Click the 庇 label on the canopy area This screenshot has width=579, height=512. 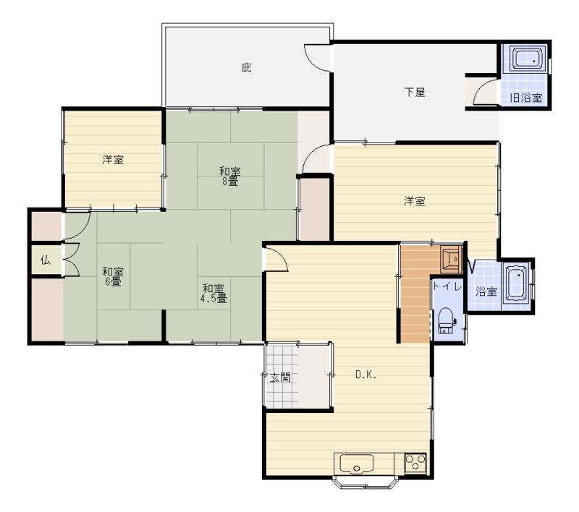(247, 68)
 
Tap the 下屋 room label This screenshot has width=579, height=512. (414, 92)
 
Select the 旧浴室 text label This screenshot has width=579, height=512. (526, 98)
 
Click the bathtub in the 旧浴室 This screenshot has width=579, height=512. (528, 58)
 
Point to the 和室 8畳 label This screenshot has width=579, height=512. (229, 176)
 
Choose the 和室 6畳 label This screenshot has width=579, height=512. (113, 277)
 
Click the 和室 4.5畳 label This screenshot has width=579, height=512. (214, 294)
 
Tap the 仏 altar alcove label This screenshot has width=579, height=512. (46, 260)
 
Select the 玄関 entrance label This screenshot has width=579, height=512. (280, 377)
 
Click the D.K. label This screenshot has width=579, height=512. (365, 375)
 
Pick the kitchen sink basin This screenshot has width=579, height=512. (356, 464)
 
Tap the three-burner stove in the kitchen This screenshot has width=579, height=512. (415, 463)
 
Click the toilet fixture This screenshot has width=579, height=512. (447, 320)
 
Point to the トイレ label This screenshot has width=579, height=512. (447, 286)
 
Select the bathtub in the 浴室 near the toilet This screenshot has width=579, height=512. (516, 283)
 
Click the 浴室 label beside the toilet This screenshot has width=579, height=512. (486, 291)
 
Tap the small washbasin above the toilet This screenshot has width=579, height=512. (451, 259)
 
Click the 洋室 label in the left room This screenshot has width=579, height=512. (113, 160)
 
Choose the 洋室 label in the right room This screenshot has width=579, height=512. (414, 201)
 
